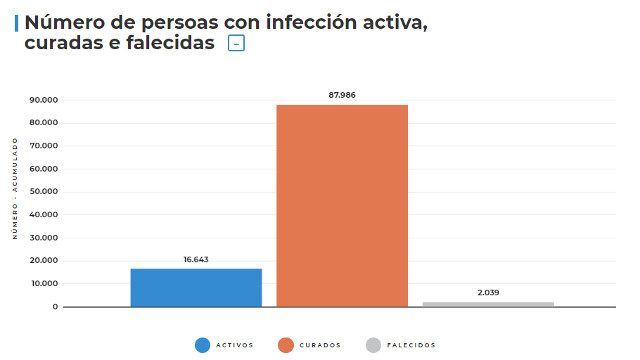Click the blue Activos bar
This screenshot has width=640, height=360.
coord(196,287)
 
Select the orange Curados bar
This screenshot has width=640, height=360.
coord(342,205)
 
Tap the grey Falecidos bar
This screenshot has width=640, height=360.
coord(488,303)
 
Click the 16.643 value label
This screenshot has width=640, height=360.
coord(196,260)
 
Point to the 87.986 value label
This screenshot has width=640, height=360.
coord(342,95)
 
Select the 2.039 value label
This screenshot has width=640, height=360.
coord(488,293)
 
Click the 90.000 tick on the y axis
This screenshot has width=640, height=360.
coord(44,100)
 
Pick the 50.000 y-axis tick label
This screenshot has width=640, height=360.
coord(44,192)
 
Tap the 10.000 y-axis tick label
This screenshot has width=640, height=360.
coord(44,284)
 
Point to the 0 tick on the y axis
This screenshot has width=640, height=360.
coord(55,307)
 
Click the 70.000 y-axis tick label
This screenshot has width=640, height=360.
coord(44,146)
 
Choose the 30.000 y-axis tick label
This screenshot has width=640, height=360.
coord(44,238)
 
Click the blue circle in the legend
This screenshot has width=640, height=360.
coord(203,345)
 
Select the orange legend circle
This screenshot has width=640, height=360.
coord(286,345)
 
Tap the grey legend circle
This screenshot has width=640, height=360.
coord(374,345)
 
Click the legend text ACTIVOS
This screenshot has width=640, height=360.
coord(234,345)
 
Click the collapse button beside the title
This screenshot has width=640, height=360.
coord(236,43)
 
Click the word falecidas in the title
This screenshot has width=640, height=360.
coord(169,43)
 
